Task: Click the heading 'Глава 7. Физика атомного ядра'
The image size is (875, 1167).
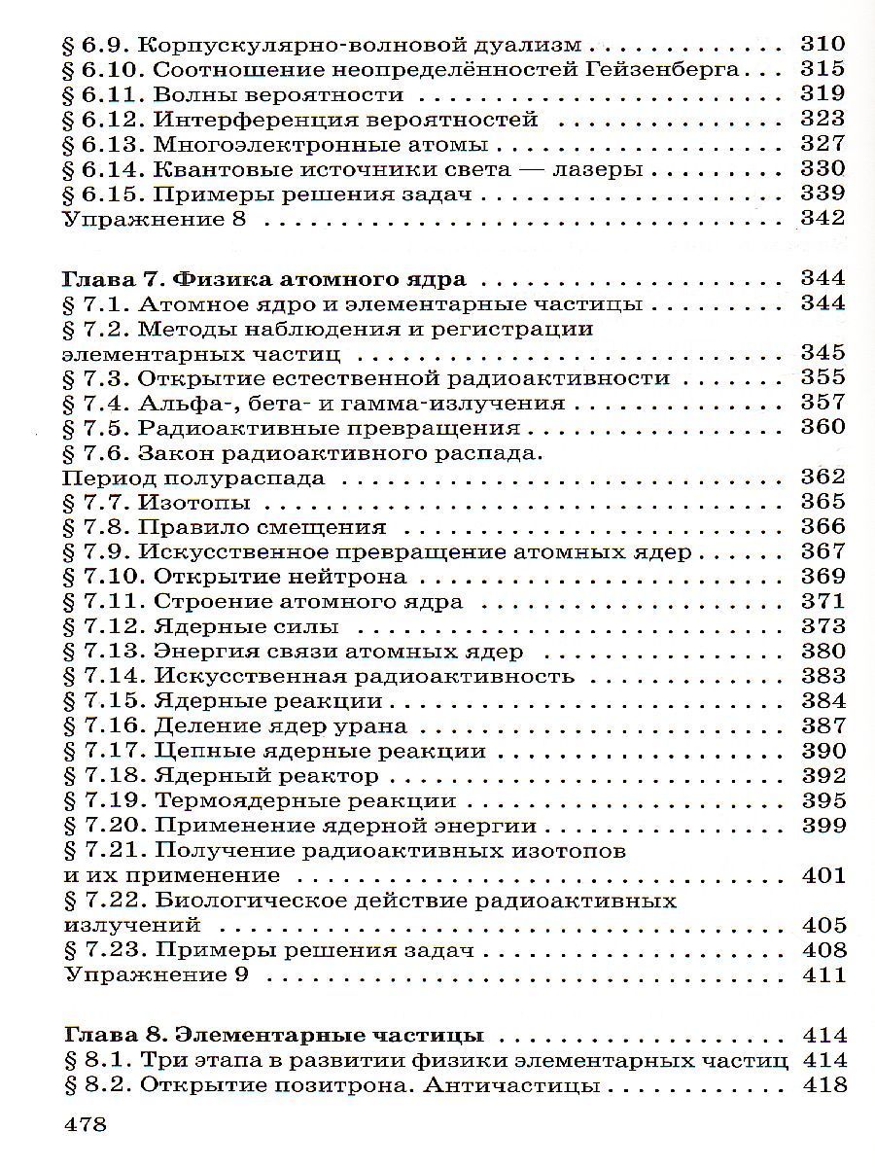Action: pyautogui.click(x=263, y=279)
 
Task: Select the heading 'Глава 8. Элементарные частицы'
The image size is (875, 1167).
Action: pyautogui.click(x=273, y=1035)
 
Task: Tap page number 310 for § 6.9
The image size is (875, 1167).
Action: pyautogui.click(x=822, y=45)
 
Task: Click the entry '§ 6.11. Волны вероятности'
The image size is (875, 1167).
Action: pyautogui.click(x=232, y=95)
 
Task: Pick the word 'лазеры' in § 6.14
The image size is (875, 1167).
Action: pyautogui.click(x=604, y=170)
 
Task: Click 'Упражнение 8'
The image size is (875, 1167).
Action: pyautogui.click(x=155, y=220)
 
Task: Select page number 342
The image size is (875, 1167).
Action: pyautogui.click(x=822, y=220)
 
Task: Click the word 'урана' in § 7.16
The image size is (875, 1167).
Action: pyautogui.click(x=369, y=726)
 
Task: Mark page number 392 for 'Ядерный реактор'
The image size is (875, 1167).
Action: pyautogui.click(x=822, y=776)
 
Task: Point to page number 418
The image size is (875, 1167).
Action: pyautogui.click(x=822, y=1085)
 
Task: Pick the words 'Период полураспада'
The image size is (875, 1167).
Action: pyautogui.click(x=193, y=477)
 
